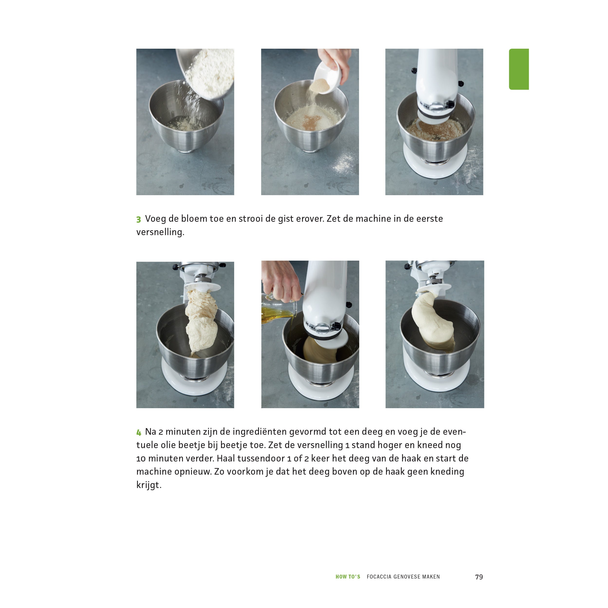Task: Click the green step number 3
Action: point(138,219)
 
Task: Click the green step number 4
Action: point(139,433)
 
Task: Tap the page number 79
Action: point(479,577)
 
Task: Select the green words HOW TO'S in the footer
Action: point(348,577)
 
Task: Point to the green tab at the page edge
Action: point(519,69)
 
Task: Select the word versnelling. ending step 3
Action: point(160,232)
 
